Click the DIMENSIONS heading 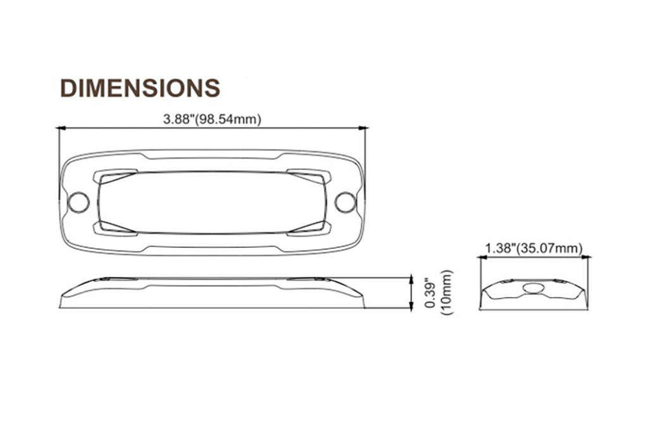[x=140, y=87]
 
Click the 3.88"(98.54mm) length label [x=213, y=119]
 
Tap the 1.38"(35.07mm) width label [x=533, y=248]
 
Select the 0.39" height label [x=430, y=294]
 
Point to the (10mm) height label [x=447, y=293]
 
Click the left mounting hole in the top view [x=78, y=202]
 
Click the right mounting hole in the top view [x=345, y=202]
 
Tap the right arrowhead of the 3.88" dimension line [x=363, y=128]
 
